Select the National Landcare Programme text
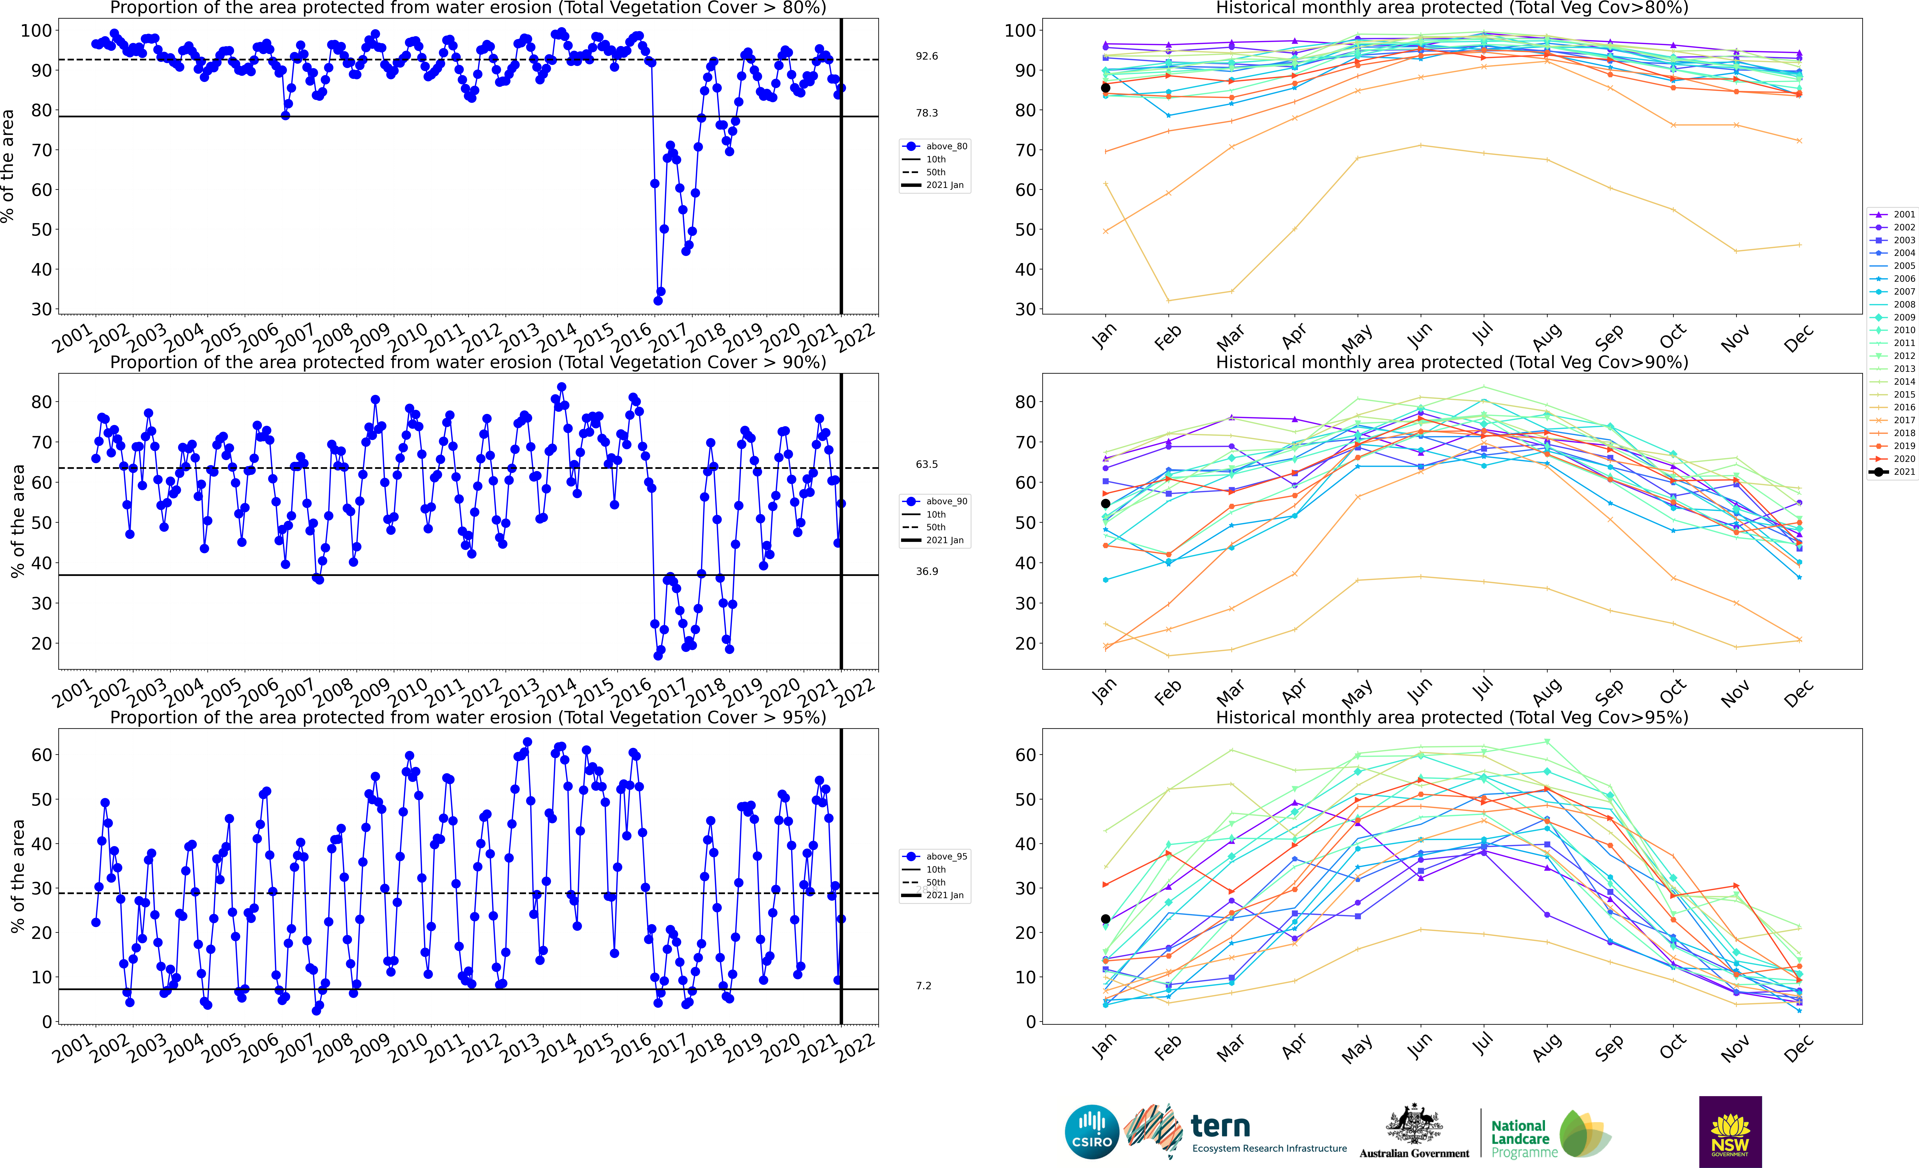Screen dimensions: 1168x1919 1520,1138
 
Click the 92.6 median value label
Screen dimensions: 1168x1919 927,56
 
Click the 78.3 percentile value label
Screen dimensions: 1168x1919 927,113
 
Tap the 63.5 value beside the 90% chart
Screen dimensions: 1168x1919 927,464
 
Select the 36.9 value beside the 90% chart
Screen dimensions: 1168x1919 927,572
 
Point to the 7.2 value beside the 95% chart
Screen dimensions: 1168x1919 924,986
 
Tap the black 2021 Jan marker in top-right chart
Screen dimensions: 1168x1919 1105,88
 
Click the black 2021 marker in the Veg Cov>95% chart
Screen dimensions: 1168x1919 1105,919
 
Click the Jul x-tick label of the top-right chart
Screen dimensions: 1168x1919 1484,333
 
